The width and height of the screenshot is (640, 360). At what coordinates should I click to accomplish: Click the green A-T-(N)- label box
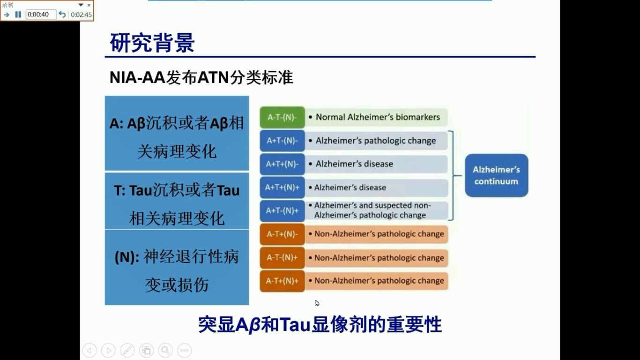[x=283, y=117]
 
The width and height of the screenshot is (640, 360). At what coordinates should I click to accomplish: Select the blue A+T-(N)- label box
[x=283, y=141]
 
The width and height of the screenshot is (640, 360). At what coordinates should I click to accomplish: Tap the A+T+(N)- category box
[x=283, y=164]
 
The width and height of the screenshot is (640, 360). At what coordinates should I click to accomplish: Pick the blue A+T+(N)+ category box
[x=283, y=187]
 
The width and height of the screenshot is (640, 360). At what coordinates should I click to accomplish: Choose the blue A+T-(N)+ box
[x=283, y=211]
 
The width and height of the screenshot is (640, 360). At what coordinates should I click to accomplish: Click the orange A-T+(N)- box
[x=283, y=234]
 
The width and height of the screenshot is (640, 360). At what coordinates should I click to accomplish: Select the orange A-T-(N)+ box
[x=283, y=258]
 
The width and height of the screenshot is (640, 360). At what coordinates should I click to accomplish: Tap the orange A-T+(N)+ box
[x=283, y=281]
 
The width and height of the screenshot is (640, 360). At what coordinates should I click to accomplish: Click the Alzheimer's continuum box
[x=497, y=175]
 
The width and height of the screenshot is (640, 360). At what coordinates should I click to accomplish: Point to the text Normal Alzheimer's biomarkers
[x=378, y=117]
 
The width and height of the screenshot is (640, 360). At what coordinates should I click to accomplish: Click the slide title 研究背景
[x=152, y=43]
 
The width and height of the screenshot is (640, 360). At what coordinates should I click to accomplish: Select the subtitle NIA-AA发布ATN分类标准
[x=201, y=77]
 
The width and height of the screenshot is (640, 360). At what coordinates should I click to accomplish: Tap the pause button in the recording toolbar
[x=18, y=15]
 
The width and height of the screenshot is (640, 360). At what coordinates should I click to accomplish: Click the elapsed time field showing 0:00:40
[x=41, y=15]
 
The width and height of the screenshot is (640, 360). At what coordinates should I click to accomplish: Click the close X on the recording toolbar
[x=89, y=5]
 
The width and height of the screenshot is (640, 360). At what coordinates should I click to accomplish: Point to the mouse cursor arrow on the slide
[x=317, y=303]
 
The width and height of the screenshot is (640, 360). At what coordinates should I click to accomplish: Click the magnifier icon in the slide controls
[x=165, y=350]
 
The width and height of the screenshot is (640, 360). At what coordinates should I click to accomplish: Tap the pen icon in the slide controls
[x=127, y=350]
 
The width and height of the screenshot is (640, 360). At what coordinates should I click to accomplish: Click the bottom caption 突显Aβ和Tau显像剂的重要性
[x=320, y=324]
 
